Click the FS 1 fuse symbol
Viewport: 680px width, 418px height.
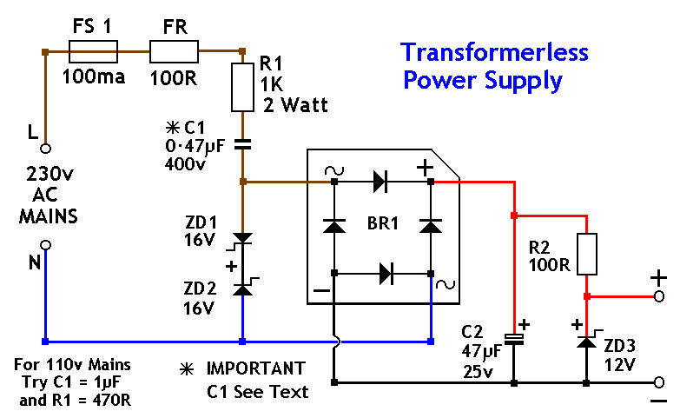click(93, 53)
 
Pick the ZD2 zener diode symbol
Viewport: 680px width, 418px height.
click(243, 288)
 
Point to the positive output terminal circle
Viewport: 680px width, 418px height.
click(660, 296)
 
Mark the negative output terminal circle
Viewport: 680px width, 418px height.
click(660, 382)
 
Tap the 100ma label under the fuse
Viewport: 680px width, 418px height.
click(93, 77)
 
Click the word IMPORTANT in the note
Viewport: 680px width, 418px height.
click(255, 368)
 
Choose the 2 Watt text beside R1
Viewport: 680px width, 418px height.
click(294, 107)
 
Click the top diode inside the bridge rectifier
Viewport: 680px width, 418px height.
click(380, 182)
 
